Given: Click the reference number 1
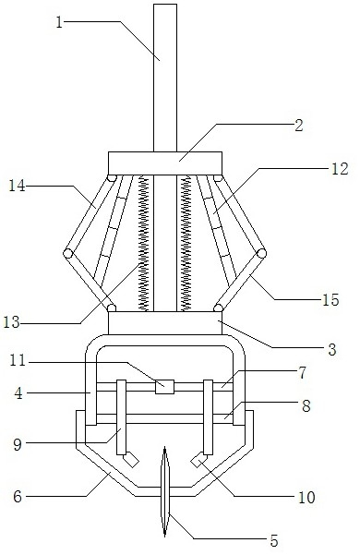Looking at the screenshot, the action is (x=59, y=23).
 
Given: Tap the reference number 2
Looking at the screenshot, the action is (x=299, y=126).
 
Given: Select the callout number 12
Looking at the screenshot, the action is (x=340, y=169).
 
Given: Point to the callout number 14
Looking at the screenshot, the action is (x=17, y=186).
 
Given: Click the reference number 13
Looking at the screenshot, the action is (x=11, y=322).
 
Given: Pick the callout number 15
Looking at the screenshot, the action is (x=330, y=300).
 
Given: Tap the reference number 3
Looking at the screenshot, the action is (x=332, y=349).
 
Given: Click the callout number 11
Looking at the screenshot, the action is (x=18, y=361).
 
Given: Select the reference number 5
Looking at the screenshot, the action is (x=274, y=540).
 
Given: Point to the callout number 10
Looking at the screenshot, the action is (x=306, y=498).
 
